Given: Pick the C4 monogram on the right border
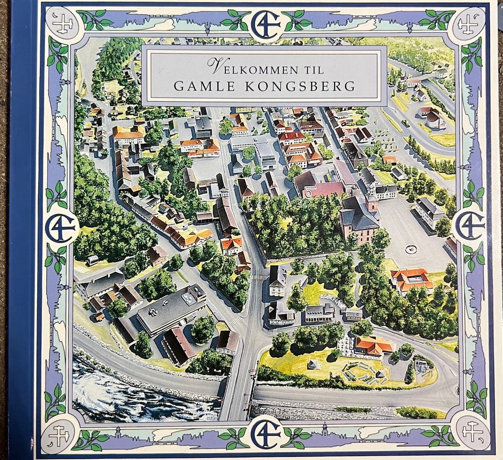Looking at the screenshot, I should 469,226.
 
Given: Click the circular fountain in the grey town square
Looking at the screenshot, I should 411,249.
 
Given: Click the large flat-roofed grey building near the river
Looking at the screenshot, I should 170,309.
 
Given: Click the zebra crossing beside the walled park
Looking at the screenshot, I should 259,277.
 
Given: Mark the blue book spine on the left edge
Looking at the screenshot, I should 21,231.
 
